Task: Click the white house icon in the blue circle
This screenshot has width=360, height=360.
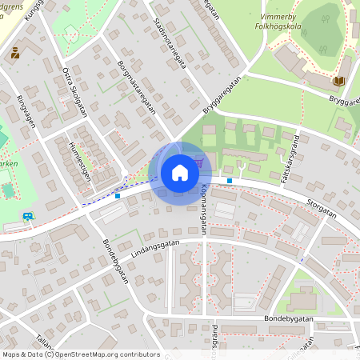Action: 180,172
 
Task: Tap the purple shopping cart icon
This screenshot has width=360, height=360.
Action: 198,162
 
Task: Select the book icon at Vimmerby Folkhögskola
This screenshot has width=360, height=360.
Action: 339,81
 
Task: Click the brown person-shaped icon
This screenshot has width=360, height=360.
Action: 15,53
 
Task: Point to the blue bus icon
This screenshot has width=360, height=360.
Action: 29,215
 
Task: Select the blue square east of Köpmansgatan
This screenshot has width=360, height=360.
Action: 230,181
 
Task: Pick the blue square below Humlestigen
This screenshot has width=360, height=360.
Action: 118,194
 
